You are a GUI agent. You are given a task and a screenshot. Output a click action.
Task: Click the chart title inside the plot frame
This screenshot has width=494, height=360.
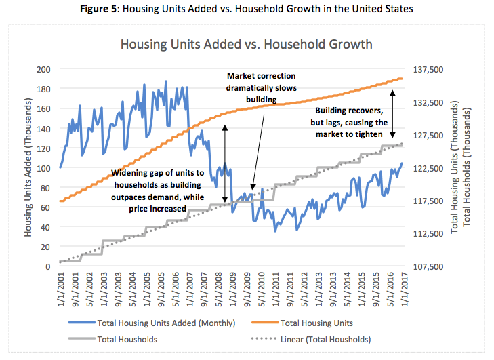tap(246, 45)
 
